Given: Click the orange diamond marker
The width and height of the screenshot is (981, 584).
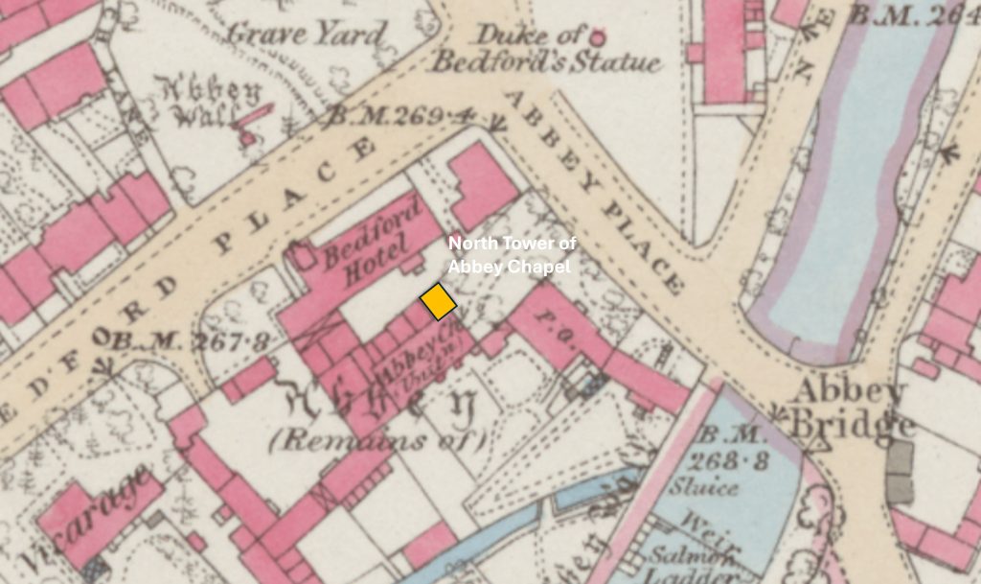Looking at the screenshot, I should [439, 301].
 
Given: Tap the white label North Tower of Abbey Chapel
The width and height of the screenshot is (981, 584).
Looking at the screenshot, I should [512, 255].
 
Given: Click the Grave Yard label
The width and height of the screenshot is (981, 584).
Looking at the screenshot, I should [306, 35].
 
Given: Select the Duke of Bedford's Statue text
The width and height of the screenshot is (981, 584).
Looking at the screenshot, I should [543, 50].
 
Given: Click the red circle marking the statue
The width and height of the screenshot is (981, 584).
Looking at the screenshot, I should [599, 38].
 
